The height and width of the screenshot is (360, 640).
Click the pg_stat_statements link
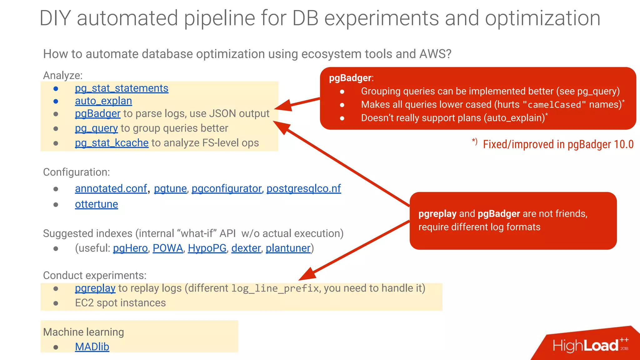(x=122, y=88)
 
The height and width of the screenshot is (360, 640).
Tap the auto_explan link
(x=103, y=101)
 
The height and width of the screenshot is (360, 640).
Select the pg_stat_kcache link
(x=112, y=143)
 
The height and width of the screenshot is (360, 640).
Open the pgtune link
(x=170, y=188)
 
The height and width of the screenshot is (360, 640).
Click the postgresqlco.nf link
(x=303, y=188)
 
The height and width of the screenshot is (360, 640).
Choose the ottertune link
(x=96, y=204)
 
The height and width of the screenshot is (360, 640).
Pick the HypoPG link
(x=207, y=248)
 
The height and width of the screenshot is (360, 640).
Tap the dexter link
(x=246, y=248)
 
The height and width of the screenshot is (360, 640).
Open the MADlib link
(x=92, y=347)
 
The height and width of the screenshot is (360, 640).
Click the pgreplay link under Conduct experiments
(x=95, y=288)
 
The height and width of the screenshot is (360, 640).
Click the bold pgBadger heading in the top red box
(x=350, y=78)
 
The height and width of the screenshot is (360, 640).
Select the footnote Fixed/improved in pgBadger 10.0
(x=558, y=144)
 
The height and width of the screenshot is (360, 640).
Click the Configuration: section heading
(x=77, y=172)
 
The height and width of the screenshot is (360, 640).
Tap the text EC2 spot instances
(x=120, y=303)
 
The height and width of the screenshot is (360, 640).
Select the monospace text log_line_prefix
(x=275, y=288)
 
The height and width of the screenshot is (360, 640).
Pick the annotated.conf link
(x=111, y=188)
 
